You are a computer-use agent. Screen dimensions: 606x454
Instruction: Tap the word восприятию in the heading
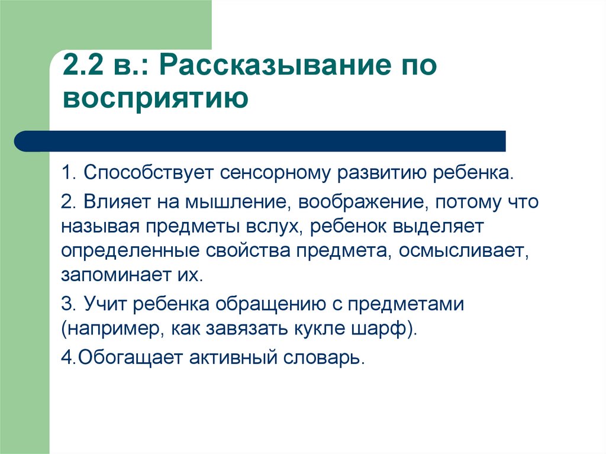156,98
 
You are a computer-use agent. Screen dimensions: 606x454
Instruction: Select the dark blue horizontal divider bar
260,141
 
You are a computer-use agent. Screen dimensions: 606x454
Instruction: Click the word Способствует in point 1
149,172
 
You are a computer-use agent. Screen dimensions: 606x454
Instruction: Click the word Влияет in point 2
117,202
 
